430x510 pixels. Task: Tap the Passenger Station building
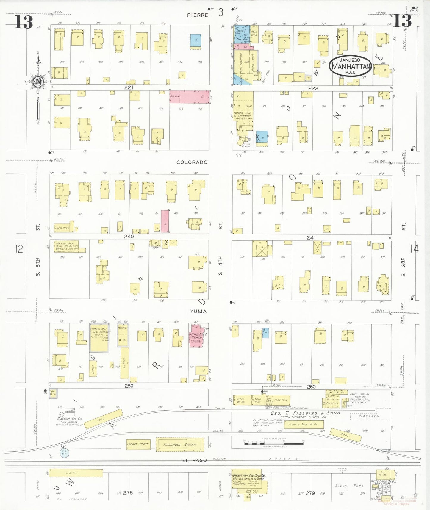point(180,445)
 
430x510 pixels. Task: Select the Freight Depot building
point(138,444)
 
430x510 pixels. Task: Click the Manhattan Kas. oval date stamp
point(350,66)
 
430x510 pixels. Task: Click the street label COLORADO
point(192,162)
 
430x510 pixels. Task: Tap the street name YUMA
point(198,312)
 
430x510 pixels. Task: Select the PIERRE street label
point(198,15)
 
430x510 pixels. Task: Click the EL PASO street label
point(195,460)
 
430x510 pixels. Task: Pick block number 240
point(129,237)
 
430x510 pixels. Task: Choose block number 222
point(313,88)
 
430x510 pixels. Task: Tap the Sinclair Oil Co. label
point(70,419)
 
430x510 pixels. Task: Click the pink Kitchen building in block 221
point(190,97)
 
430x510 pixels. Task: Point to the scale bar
point(274,443)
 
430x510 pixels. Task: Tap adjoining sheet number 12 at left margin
point(19,248)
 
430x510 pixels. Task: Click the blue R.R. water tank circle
point(64,453)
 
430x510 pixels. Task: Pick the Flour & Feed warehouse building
point(304,424)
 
